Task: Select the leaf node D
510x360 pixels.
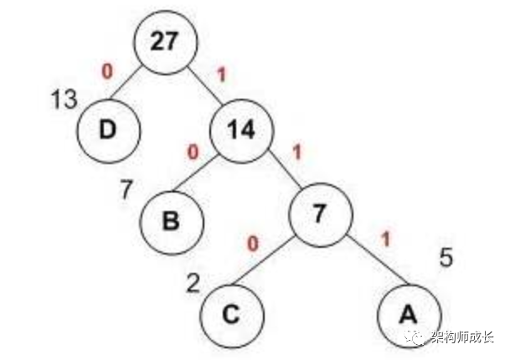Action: pos(108,131)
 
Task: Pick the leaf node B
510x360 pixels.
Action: pos(173,223)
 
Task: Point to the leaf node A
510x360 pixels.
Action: pos(408,314)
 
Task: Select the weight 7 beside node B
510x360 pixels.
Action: pos(127,189)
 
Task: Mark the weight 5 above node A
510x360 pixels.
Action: pos(446,255)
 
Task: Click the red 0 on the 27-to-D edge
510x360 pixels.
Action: pos(106,71)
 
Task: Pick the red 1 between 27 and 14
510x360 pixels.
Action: pos(221,74)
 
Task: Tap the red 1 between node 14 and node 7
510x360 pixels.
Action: pos(296,153)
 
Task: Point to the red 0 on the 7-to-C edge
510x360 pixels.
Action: pos(253,243)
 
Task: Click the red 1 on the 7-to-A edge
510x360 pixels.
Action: pos(385,239)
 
